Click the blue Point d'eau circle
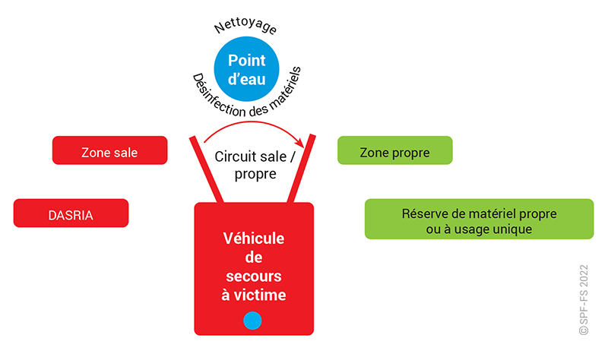coord(247,68)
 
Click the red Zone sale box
coord(109,150)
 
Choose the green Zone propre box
coord(394,150)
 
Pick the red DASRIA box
coord(71,213)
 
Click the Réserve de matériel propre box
coord(479,219)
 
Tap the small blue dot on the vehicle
coord(252,321)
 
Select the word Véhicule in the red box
coord(254,238)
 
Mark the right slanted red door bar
coord(302,169)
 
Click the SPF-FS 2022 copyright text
coord(584,300)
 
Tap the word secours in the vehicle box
coord(254,276)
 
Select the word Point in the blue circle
coord(247,61)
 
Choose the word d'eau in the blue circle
coord(247,77)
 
